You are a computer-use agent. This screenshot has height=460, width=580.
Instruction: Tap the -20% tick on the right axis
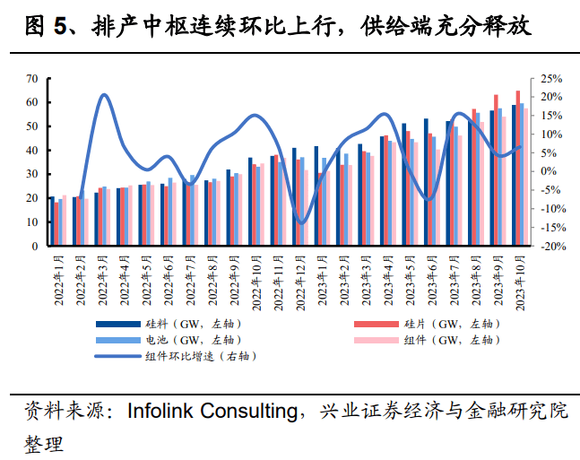549,246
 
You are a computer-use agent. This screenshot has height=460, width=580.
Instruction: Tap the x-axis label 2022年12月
299,281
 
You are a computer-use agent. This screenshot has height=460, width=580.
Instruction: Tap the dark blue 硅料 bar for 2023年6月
426,183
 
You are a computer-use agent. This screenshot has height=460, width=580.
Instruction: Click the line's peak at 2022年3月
104,95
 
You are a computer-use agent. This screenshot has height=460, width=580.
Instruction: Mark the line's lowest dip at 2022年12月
302,222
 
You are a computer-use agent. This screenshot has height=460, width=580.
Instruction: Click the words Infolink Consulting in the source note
212,412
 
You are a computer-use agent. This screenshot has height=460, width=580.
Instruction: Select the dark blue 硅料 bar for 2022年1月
52,221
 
